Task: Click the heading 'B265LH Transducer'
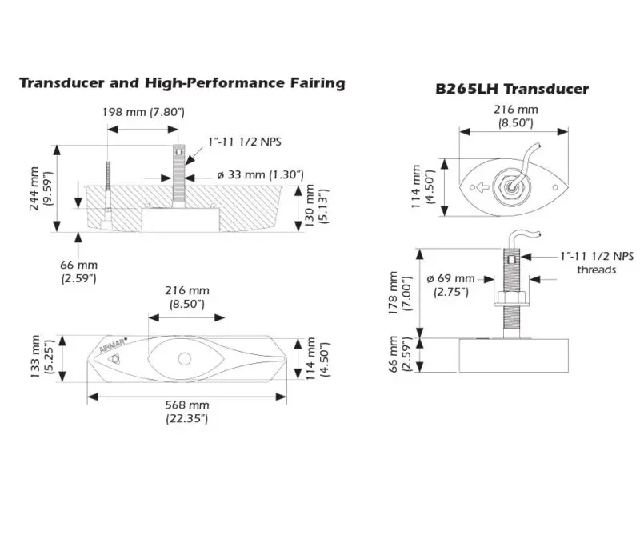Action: (512, 89)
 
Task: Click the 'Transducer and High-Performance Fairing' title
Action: (182, 82)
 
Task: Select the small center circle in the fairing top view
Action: (186, 358)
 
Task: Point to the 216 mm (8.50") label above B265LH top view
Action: (512, 116)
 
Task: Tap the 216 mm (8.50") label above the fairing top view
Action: (186, 298)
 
